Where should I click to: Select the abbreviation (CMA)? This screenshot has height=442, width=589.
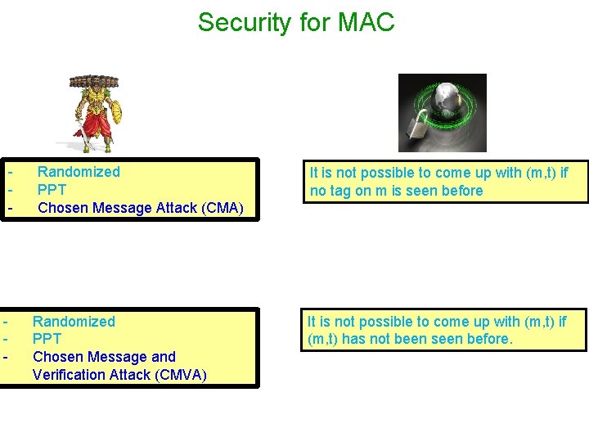coord(217,208)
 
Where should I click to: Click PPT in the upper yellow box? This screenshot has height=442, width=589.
coord(53,190)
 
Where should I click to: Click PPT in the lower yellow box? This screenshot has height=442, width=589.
coord(47,339)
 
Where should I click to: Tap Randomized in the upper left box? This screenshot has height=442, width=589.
coord(79,172)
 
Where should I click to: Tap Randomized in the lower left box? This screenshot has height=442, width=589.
coord(74,322)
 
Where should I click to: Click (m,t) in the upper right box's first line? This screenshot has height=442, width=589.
coord(536,173)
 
